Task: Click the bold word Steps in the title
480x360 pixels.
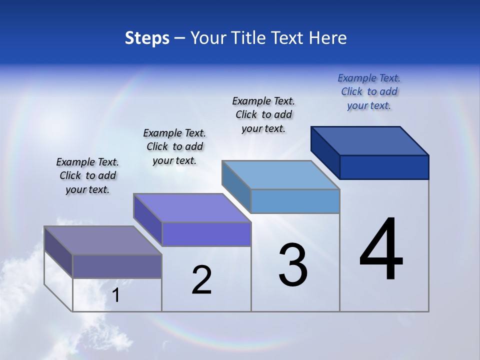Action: click(147, 38)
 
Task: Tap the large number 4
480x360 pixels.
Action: click(381, 250)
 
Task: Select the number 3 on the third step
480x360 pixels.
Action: click(293, 265)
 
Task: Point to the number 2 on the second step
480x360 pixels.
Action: click(202, 280)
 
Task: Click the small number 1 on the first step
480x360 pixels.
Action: click(116, 295)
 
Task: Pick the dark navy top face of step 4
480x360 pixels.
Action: click(370, 140)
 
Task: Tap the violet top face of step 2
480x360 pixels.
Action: click(192, 208)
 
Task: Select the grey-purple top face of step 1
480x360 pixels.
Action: click(103, 240)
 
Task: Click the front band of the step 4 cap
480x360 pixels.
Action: click(384, 167)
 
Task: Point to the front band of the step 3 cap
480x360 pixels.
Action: click(295, 201)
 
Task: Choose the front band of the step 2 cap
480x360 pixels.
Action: click(206, 234)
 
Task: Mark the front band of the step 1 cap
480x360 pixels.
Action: click(117, 266)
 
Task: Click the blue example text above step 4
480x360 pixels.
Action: click(369, 92)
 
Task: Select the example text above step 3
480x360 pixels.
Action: click(263, 114)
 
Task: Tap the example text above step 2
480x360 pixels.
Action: click(174, 146)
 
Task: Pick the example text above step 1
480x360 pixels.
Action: click(87, 175)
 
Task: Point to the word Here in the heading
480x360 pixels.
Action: click(328, 38)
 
